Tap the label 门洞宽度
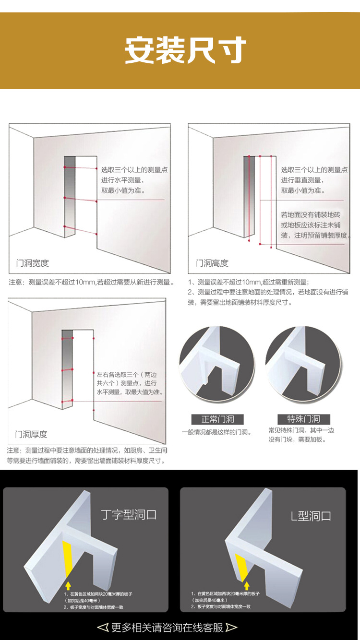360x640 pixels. (33, 263)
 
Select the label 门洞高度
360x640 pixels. (212, 263)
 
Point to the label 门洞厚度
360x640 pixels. (31, 434)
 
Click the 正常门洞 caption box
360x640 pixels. (217, 419)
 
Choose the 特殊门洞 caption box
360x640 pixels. (303, 419)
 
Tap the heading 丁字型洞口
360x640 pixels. (129, 515)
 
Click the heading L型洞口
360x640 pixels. (311, 516)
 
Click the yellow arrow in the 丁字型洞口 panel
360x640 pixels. (68, 585)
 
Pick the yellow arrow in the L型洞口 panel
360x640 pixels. (247, 586)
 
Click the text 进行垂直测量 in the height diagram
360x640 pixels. (302, 180)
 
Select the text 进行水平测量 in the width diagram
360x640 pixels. (122, 180)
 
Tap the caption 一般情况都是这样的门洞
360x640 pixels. (217, 432)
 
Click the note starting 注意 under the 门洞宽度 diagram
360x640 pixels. (91, 282)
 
